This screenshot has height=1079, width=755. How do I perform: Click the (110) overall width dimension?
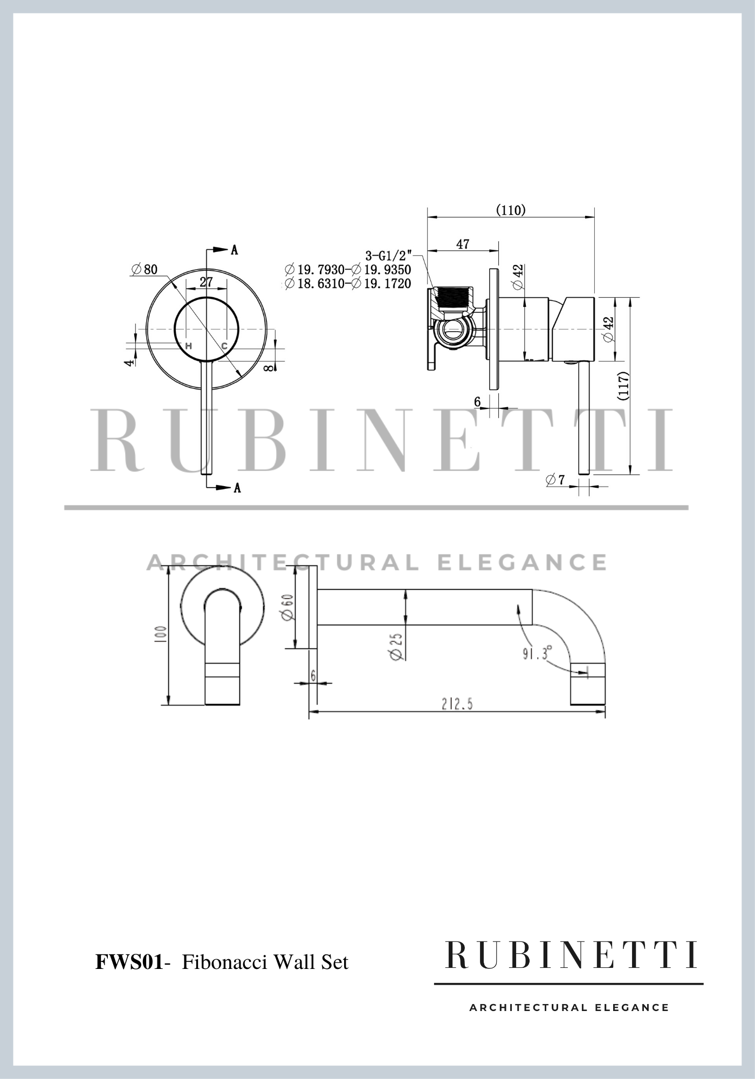tap(510, 210)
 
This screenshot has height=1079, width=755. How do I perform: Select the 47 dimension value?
tap(463, 244)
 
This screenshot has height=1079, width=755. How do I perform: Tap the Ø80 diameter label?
tap(145, 269)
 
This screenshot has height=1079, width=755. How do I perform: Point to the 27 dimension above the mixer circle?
tap(206, 282)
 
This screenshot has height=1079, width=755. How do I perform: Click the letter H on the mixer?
tap(189, 346)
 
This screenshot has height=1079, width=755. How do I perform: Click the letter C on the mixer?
tap(224, 346)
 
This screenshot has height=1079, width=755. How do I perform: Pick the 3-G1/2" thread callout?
tap(388, 255)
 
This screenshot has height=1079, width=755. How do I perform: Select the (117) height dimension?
tap(624, 385)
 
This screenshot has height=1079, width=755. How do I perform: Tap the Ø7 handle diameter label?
tap(555, 479)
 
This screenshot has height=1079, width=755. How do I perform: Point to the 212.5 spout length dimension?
tap(457, 704)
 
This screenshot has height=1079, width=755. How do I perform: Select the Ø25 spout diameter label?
tap(396, 646)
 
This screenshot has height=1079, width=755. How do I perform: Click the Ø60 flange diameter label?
tap(287, 607)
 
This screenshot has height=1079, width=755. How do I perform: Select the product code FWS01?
tap(129, 962)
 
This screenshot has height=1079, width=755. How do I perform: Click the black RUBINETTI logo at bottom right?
tap(571, 955)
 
